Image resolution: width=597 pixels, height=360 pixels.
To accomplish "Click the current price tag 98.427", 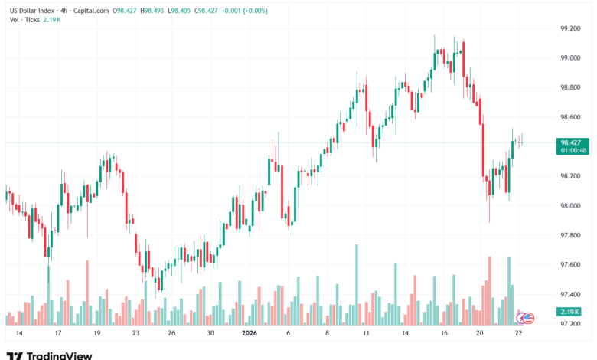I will coord(570,142).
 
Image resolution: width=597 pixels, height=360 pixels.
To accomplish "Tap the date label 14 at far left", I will coord(19,333).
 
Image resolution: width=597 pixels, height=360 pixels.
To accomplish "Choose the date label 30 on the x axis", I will coord(210,333).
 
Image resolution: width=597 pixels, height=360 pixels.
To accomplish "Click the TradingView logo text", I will coord(60,355).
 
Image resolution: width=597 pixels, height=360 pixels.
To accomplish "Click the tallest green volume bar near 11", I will coord(356,283).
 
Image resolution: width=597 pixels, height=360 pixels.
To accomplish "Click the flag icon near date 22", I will coord(527,316).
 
